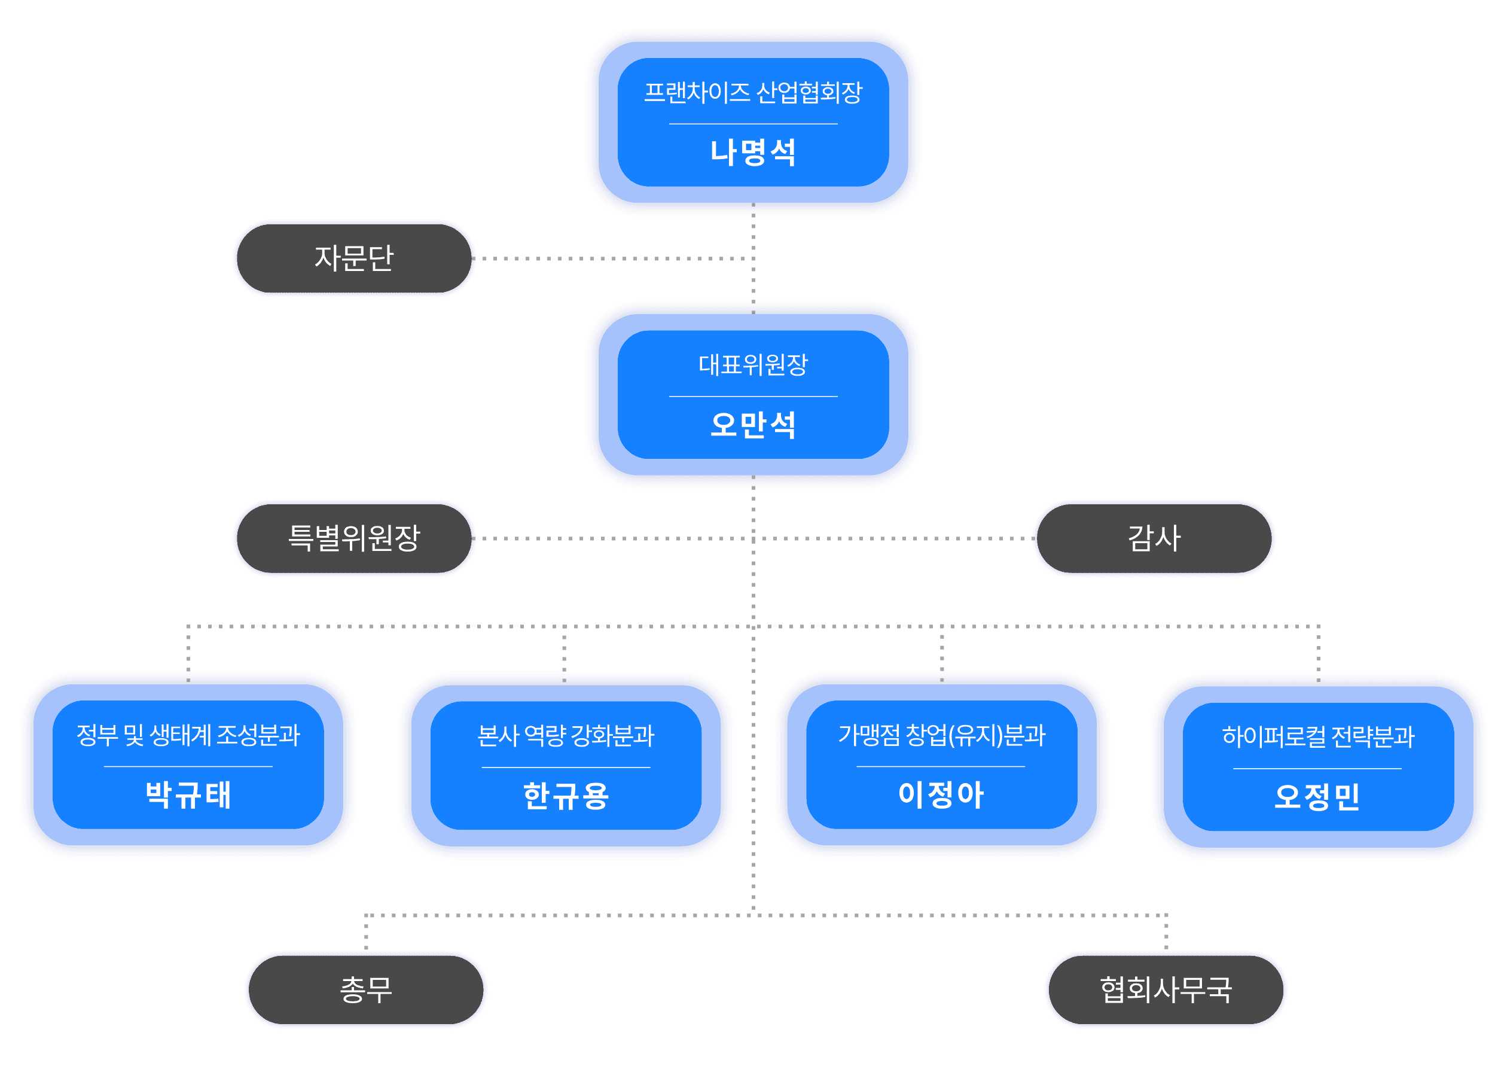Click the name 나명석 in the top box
(x=753, y=153)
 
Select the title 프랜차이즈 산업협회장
(x=753, y=93)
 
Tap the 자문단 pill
(x=354, y=258)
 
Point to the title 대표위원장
(x=753, y=365)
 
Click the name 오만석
(x=753, y=425)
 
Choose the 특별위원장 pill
(x=354, y=538)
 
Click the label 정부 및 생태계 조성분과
(x=188, y=735)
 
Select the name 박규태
(x=188, y=795)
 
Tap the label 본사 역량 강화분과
(x=566, y=736)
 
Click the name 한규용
(x=566, y=796)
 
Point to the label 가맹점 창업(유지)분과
(x=942, y=735)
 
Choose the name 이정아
(x=942, y=795)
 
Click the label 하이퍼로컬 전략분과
(x=1318, y=737)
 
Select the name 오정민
(x=1318, y=797)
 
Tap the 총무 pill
(x=365, y=990)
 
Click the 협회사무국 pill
(x=1166, y=990)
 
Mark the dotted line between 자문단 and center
(x=611, y=258)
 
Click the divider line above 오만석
(x=753, y=397)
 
